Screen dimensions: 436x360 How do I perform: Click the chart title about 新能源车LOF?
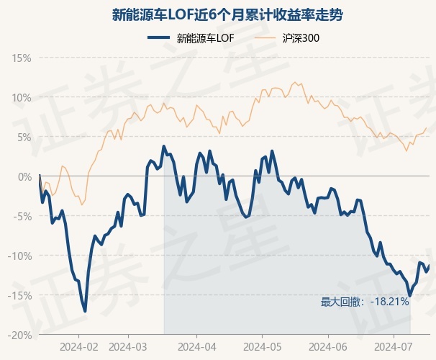pos(227,14)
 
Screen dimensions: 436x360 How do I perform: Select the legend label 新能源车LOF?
pos(206,38)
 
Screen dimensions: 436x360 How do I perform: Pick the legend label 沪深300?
pos(301,38)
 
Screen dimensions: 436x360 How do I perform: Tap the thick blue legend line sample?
pos(158,38)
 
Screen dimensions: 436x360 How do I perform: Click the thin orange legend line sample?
pos(265,38)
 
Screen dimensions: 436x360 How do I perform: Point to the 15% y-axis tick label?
pos(22,58)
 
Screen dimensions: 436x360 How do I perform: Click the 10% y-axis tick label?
pos(22,98)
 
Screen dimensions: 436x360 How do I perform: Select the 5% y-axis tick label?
pos(24,137)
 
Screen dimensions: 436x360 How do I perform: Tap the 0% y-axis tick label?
pos(24,176)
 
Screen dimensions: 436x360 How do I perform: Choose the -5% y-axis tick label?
pos(22,216)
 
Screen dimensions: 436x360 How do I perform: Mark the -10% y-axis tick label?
pos(19,256)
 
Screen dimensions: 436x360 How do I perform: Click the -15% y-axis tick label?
pos(19,295)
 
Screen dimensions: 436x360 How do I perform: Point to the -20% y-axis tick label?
pos(19,336)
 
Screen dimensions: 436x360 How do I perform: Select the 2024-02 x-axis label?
pos(79,347)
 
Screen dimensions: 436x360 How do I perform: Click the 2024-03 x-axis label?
pos(128,347)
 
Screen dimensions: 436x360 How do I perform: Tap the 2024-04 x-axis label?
pos(197,347)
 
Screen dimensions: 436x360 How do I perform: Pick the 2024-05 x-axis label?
pos(262,347)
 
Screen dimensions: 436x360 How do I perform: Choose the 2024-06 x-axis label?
pos(328,347)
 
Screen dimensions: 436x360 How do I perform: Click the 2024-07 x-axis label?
pos(394,347)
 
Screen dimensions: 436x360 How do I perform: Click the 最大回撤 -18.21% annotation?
pos(365,302)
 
